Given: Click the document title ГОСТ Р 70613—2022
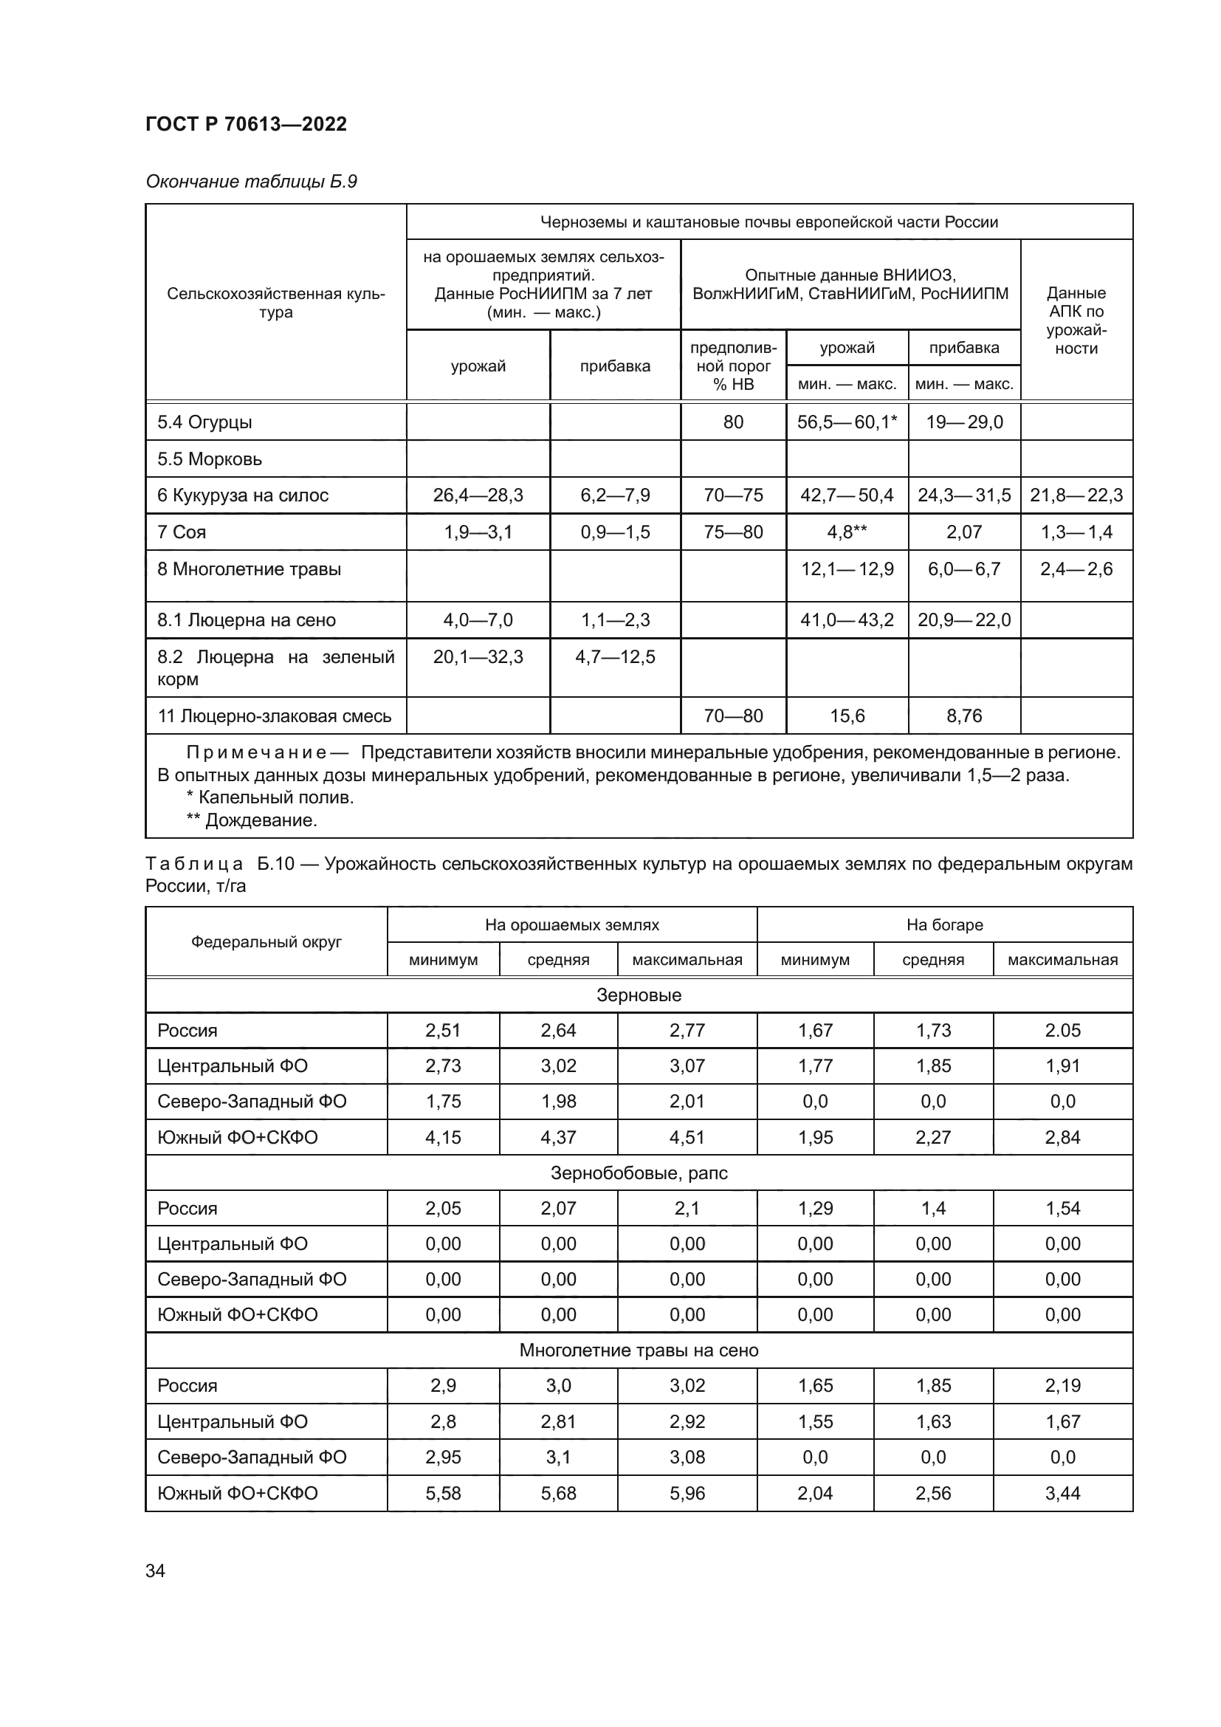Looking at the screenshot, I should (x=246, y=124).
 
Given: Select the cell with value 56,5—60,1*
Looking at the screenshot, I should (x=847, y=422).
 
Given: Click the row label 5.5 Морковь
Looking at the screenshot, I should (x=209, y=459).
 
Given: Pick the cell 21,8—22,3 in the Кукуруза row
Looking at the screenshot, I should (x=1076, y=495).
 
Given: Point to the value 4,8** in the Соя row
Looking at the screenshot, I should (x=847, y=532).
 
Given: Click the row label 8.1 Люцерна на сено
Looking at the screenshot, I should (x=246, y=619).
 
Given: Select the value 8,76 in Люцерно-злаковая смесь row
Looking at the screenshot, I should (x=964, y=715).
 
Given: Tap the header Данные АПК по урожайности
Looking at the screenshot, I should (x=1076, y=320).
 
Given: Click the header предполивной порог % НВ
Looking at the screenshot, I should (x=732, y=366).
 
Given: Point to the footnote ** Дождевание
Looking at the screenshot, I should (x=251, y=820).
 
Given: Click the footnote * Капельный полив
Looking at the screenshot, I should (x=269, y=797).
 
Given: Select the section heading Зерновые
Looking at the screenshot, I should (x=639, y=995).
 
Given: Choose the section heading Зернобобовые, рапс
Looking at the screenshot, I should (x=639, y=1173).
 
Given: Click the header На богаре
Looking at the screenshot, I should (x=943, y=924).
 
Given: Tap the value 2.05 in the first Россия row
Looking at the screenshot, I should (x=1062, y=1031).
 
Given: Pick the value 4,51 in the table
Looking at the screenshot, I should (x=687, y=1137).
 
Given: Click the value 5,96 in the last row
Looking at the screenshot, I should (x=687, y=1493).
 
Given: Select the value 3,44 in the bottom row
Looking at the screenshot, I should (x=1062, y=1493).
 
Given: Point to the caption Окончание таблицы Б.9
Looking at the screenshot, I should (x=251, y=182).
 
